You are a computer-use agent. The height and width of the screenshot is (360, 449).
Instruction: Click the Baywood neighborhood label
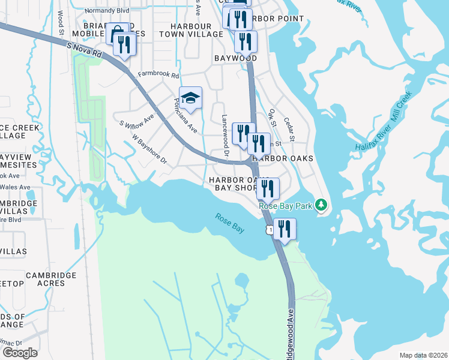pos(235,58)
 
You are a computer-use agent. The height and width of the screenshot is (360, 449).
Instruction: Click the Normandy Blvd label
pos(89,10)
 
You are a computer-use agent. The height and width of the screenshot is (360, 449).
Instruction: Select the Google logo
pos(20,353)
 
